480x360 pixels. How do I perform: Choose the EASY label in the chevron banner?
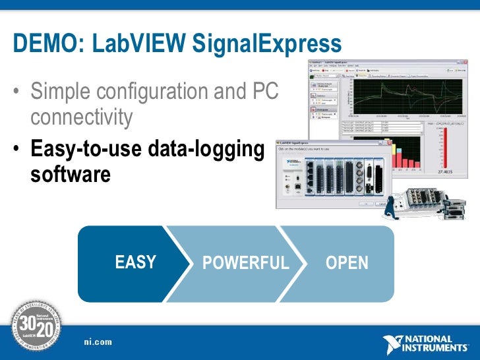coord(135,262)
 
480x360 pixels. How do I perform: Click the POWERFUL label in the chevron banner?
coord(245,263)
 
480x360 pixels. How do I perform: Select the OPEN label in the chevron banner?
coord(347,263)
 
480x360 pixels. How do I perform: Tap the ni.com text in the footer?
coord(98,341)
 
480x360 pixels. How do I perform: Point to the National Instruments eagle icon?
coord(394,344)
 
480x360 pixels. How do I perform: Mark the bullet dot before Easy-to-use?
coord(16,148)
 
